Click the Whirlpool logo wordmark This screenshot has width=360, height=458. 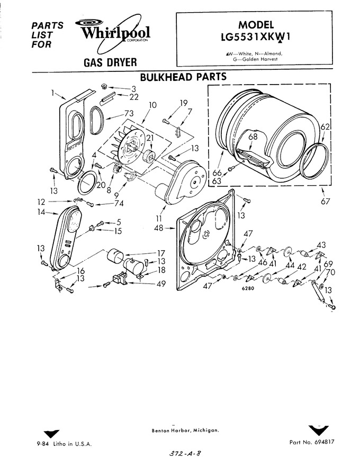115,33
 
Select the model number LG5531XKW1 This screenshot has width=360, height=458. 255,38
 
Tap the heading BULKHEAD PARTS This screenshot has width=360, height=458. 183,77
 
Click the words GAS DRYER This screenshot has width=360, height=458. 110,62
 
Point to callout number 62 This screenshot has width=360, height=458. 325,127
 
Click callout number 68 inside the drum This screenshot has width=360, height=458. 253,136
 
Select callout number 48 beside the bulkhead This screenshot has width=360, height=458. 159,228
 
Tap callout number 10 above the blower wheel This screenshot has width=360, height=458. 152,105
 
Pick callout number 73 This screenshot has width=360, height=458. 129,113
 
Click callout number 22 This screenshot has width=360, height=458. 133,97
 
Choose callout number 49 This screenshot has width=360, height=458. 161,283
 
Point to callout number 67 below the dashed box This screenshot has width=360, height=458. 325,201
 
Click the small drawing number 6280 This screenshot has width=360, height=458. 248,289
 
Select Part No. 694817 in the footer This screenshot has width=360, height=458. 312,442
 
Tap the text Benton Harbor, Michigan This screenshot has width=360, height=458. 185,430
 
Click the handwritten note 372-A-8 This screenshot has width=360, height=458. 185,453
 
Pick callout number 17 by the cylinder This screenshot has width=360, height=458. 161,253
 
